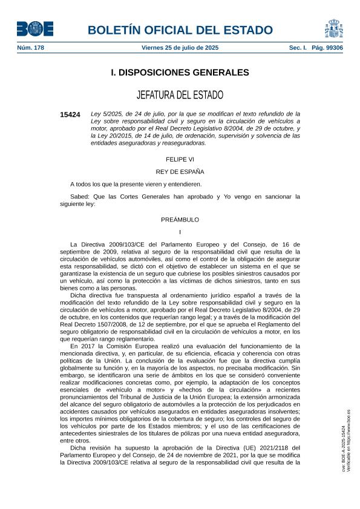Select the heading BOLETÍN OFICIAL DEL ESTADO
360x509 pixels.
point(180,30)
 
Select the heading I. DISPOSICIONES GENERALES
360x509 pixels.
point(180,73)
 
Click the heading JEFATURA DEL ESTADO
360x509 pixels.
point(180,95)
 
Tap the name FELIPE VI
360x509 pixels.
point(180,159)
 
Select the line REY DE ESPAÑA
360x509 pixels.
point(180,171)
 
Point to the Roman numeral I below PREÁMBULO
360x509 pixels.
point(180,232)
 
